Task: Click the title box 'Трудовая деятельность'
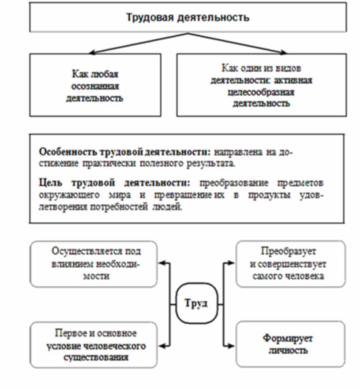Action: coord(187,18)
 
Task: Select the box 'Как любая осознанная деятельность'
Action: coord(95,85)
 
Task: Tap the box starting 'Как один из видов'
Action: coord(262,85)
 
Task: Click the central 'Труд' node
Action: coord(196,303)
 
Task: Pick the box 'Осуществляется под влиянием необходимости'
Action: coord(93,264)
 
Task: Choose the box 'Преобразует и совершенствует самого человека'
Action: coord(290,264)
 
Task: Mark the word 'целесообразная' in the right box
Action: coord(262,93)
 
